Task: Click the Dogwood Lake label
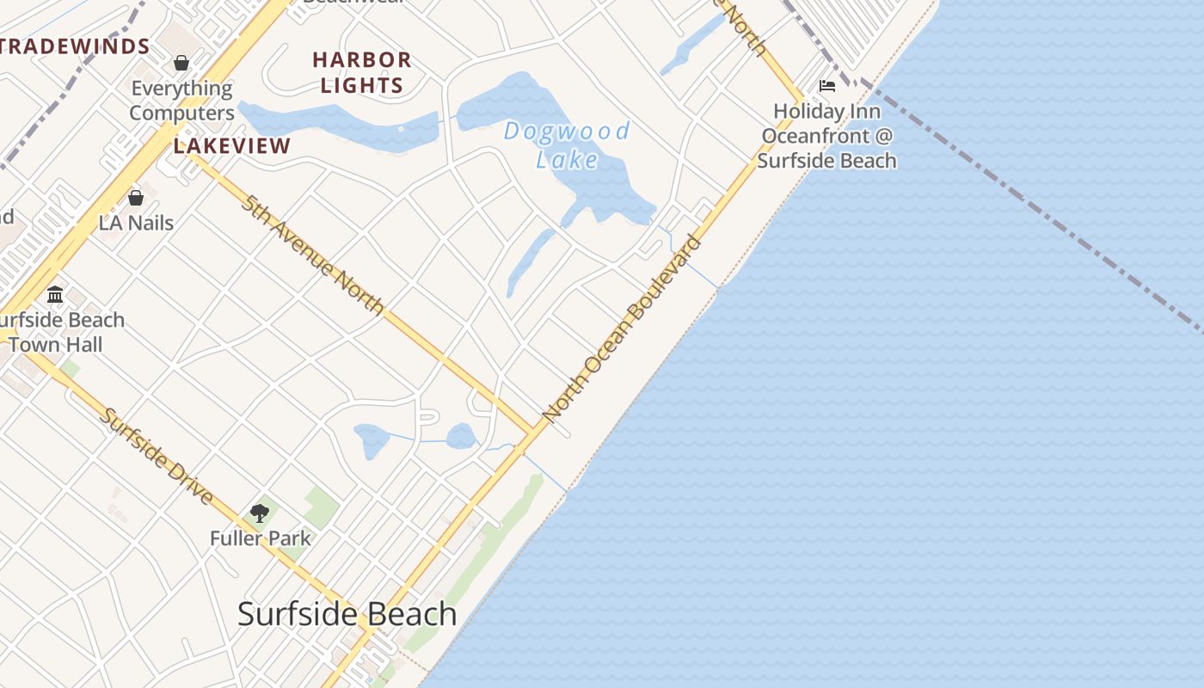[567, 144]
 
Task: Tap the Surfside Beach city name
[347, 614]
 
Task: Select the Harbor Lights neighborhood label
[362, 72]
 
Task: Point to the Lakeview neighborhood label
[232, 145]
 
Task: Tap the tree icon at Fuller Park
[260, 513]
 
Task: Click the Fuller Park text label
[261, 539]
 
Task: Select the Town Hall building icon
[56, 295]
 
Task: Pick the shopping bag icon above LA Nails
[136, 198]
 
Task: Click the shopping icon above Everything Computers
[181, 63]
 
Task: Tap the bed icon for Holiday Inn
[827, 86]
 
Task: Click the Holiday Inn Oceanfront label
[827, 136]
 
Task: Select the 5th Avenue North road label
[312, 255]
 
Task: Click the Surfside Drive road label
[157, 456]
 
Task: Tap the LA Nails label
[136, 223]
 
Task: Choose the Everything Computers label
[181, 101]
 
